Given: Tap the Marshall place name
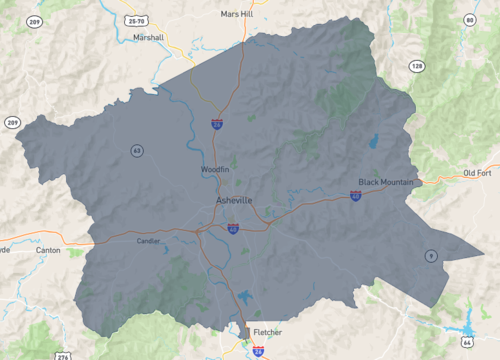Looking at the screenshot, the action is (148, 38).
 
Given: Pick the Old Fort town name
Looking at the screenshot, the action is (478, 174).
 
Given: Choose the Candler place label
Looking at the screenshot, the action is (149, 241).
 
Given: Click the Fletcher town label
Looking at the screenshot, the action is (267, 332).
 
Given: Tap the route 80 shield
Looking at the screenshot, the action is (469, 19).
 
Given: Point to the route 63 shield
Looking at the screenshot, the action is (136, 150).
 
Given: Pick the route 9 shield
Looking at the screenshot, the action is (431, 256).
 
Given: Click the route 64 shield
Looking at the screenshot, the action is (466, 342).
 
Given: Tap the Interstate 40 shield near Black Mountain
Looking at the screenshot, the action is (356, 196).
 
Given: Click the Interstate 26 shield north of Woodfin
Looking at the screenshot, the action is (217, 124).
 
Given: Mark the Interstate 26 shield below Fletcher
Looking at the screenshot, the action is (259, 351).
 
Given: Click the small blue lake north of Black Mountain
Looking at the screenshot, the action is (374, 141).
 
